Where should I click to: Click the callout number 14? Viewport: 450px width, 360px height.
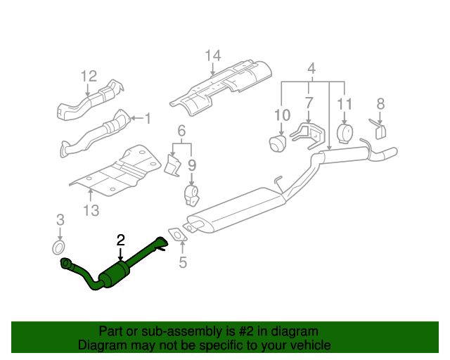[213, 57]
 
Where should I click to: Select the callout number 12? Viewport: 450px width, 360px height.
[88, 76]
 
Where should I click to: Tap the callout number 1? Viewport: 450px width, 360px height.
[148, 119]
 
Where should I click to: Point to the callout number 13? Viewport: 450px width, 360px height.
[91, 210]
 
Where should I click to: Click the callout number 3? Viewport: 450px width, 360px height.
[60, 219]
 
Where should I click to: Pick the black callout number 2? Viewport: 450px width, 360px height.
[120, 240]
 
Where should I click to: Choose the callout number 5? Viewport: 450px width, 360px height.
[183, 264]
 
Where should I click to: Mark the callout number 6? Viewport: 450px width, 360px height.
[181, 131]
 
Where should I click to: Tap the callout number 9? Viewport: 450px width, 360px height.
[191, 166]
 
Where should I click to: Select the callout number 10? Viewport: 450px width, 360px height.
[281, 115]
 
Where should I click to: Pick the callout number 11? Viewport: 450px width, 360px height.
[344, 104]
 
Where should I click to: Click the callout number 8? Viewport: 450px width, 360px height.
[380, 104]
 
